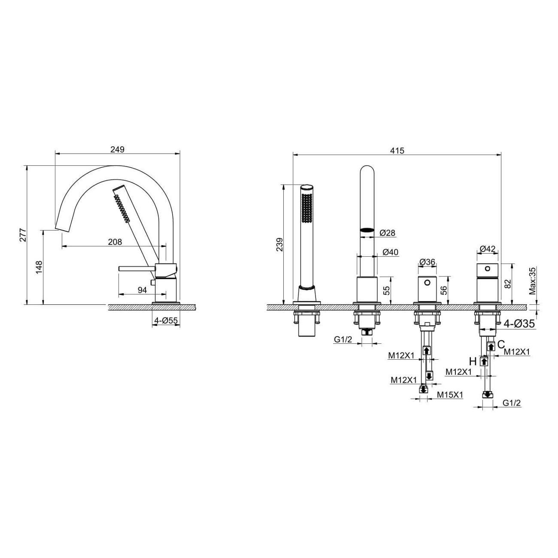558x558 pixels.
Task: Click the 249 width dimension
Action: (117, 149)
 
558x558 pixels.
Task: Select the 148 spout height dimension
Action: (39, 267)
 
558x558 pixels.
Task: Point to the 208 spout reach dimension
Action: (115, 242)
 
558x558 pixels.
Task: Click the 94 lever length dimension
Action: (142, 290)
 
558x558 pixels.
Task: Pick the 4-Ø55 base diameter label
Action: (165, 321)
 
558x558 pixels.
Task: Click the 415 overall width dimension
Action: (397, 151)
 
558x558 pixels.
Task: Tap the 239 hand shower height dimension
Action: (279, 244)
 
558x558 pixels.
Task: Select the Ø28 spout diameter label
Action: (387, 233)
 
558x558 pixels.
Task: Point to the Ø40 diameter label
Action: (390, 252)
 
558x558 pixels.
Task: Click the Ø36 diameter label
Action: (427, 262)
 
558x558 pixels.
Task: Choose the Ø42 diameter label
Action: (488, 249)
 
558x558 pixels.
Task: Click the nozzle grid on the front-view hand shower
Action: (306, 209)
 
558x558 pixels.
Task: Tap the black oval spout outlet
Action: (367, 230)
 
